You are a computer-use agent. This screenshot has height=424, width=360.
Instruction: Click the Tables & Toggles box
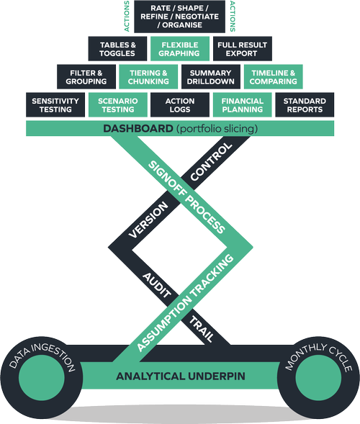point(117,49)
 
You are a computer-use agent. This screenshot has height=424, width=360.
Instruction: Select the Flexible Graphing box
point(180,49)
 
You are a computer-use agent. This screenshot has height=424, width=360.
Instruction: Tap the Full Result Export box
point(243,49)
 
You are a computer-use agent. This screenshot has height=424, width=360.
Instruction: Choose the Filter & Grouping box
point(86,77)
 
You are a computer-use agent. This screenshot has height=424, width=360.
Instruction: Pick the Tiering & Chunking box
point(148,77)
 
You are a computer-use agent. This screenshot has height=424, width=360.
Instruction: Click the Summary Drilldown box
point(211,77)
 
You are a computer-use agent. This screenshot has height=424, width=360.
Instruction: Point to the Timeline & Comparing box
point(274,77)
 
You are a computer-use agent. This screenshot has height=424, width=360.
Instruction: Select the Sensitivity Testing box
point(55,105)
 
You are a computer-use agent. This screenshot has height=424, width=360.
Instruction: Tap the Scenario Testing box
point(118,105)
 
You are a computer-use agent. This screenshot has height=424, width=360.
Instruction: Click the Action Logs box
point(180,105)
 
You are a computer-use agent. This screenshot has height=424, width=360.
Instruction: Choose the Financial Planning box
point(243,105)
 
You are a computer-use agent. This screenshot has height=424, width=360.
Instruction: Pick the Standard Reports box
point(305,105)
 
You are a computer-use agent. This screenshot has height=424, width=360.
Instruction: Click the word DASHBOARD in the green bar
point(138,128)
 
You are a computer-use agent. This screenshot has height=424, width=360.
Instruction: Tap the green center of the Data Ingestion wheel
point(42,378)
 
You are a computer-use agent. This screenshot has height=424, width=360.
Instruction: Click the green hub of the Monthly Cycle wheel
point(318,378)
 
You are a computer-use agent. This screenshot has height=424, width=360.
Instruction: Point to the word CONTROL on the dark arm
point(211,162)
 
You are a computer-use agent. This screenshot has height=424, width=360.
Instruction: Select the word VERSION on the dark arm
point(148,220)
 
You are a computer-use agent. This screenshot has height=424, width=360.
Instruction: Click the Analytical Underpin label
point(181,376)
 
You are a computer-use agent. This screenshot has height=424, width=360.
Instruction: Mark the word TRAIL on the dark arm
point(201,329)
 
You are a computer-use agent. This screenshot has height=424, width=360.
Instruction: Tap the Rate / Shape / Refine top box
point(179,17)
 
